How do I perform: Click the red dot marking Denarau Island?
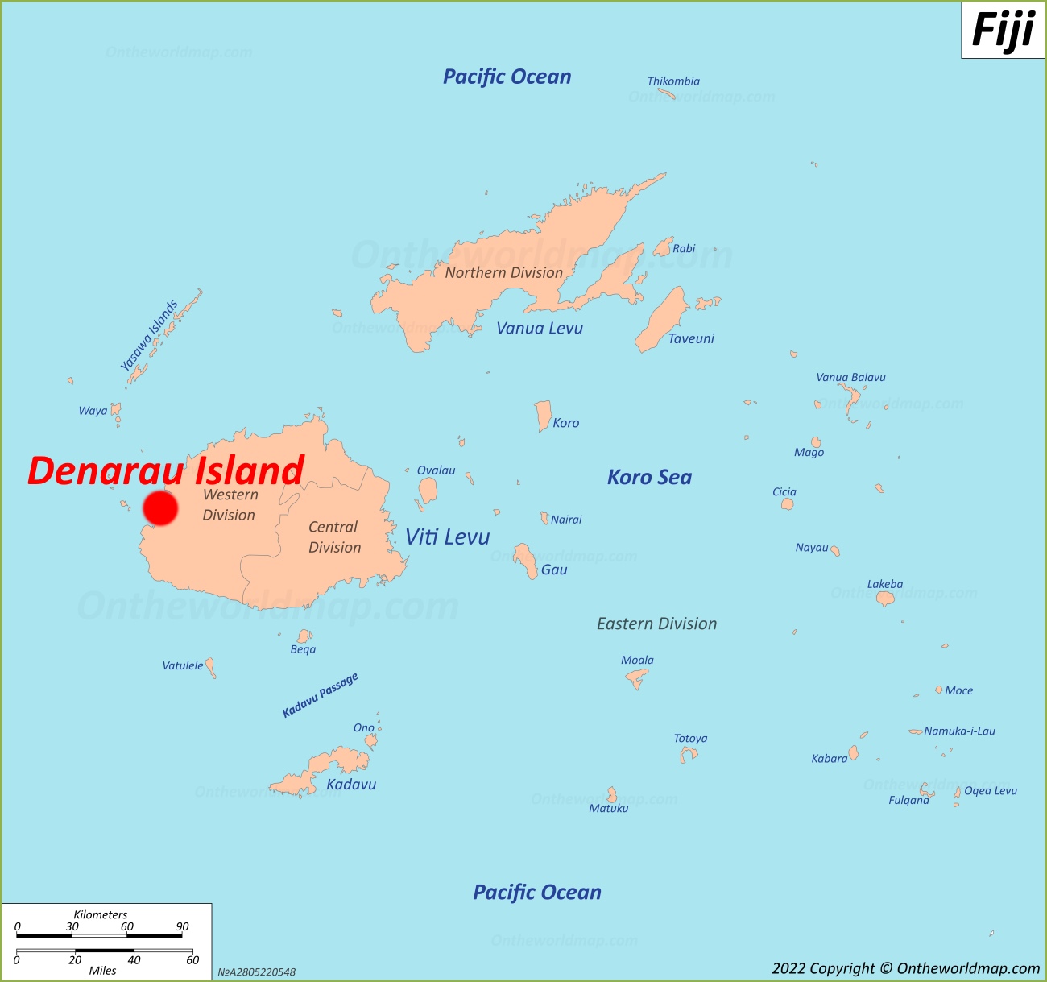click(160, 508)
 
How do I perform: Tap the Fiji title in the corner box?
click(1003, 31)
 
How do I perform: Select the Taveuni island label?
click(690, 338)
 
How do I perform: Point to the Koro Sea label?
click(649, 478)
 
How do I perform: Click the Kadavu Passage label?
click(320, 694)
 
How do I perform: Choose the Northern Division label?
click(503, 272)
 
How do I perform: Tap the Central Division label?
click(334, 537)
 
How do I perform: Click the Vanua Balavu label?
click(850, 377)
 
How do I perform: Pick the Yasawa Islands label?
click(149, 335)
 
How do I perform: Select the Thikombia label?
click(673, 81)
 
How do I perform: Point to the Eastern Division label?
click(656, 624)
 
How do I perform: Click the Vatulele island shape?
click(211, 666)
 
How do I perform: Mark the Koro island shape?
click(544, 415)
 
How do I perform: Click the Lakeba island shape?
click(885, 599)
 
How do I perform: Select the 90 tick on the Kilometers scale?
click(182, 926)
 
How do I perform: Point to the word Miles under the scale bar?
click(102, 970)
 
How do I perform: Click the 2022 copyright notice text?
click(905, 968)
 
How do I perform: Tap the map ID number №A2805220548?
click(256, 972)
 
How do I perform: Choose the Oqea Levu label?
click(990, 790)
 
